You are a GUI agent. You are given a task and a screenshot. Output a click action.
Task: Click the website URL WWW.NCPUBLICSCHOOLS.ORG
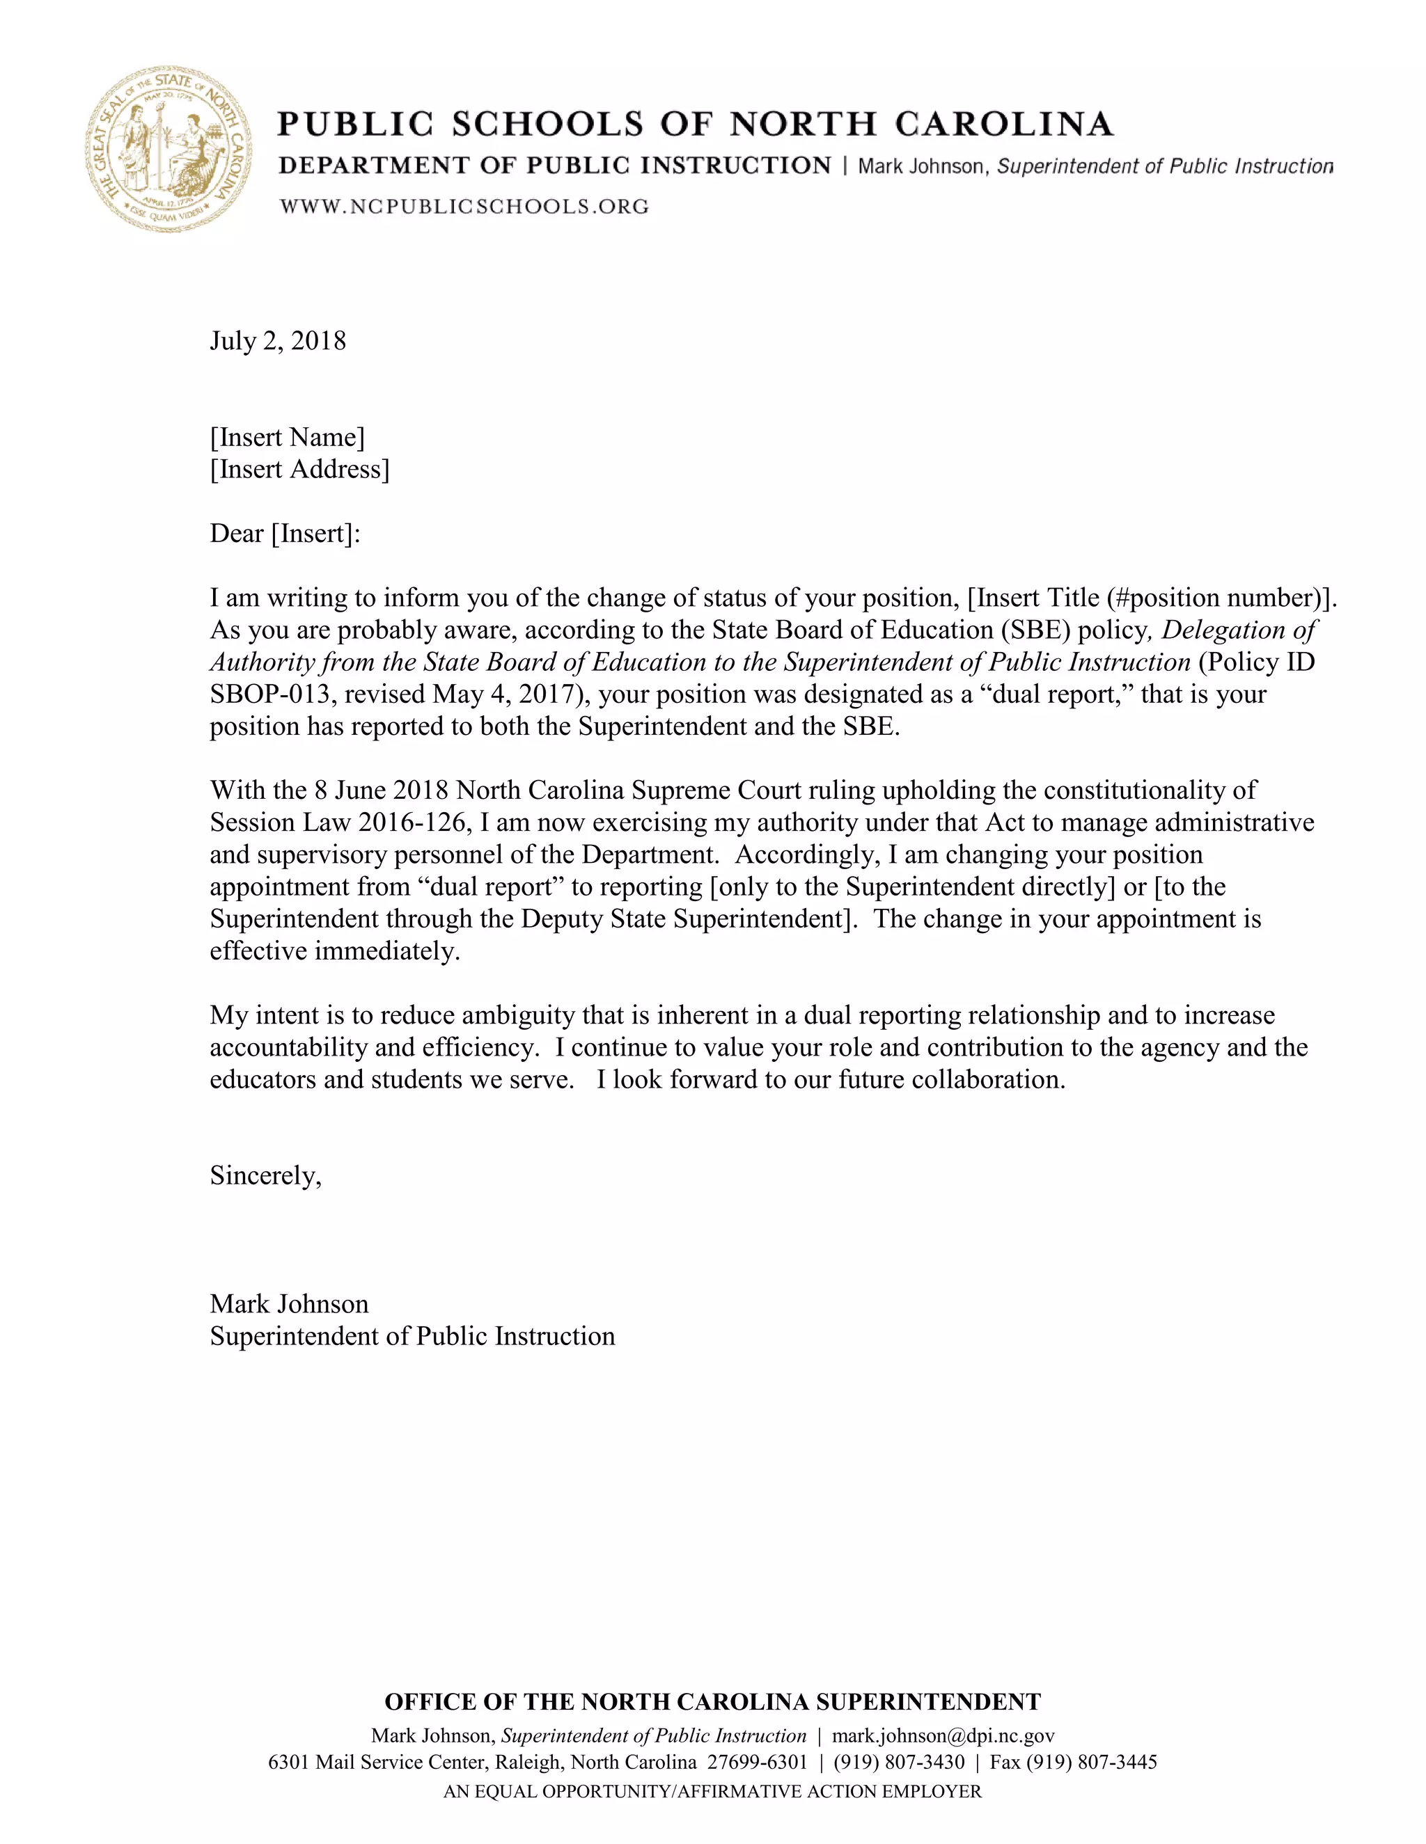click(464, 206)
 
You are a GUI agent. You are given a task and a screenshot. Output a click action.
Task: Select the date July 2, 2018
click(278, 341)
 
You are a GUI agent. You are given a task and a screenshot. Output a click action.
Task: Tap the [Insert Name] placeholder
click(288, 438)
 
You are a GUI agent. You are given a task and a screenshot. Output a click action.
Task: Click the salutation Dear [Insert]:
click(285, 534)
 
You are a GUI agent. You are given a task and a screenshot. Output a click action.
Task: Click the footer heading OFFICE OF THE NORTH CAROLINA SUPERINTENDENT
click(712, 1702)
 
